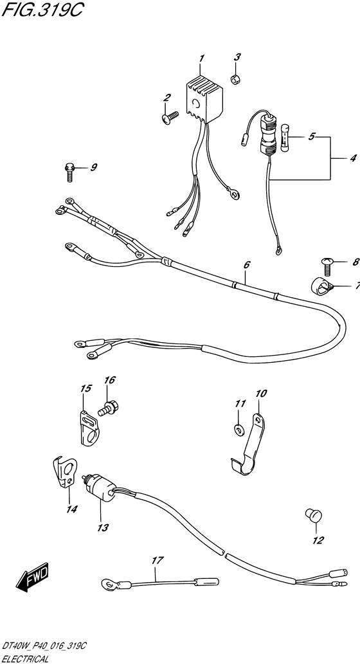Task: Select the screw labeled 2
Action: pyautogui.click(x=170, y=117)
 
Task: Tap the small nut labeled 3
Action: pyautogui.click(x=235, y=78)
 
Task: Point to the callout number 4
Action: pyautogui.click(x=353, y=159)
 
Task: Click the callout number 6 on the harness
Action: pyautogui.click(x=247, y=265)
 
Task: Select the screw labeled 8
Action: pyautogui.click(x=328, y=265)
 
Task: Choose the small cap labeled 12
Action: pyautogui.click(x=314, y=516)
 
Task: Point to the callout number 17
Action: pyautogui.click(x=157, y=561)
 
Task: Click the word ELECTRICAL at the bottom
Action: pyautogui.click(x=26, y=659)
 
